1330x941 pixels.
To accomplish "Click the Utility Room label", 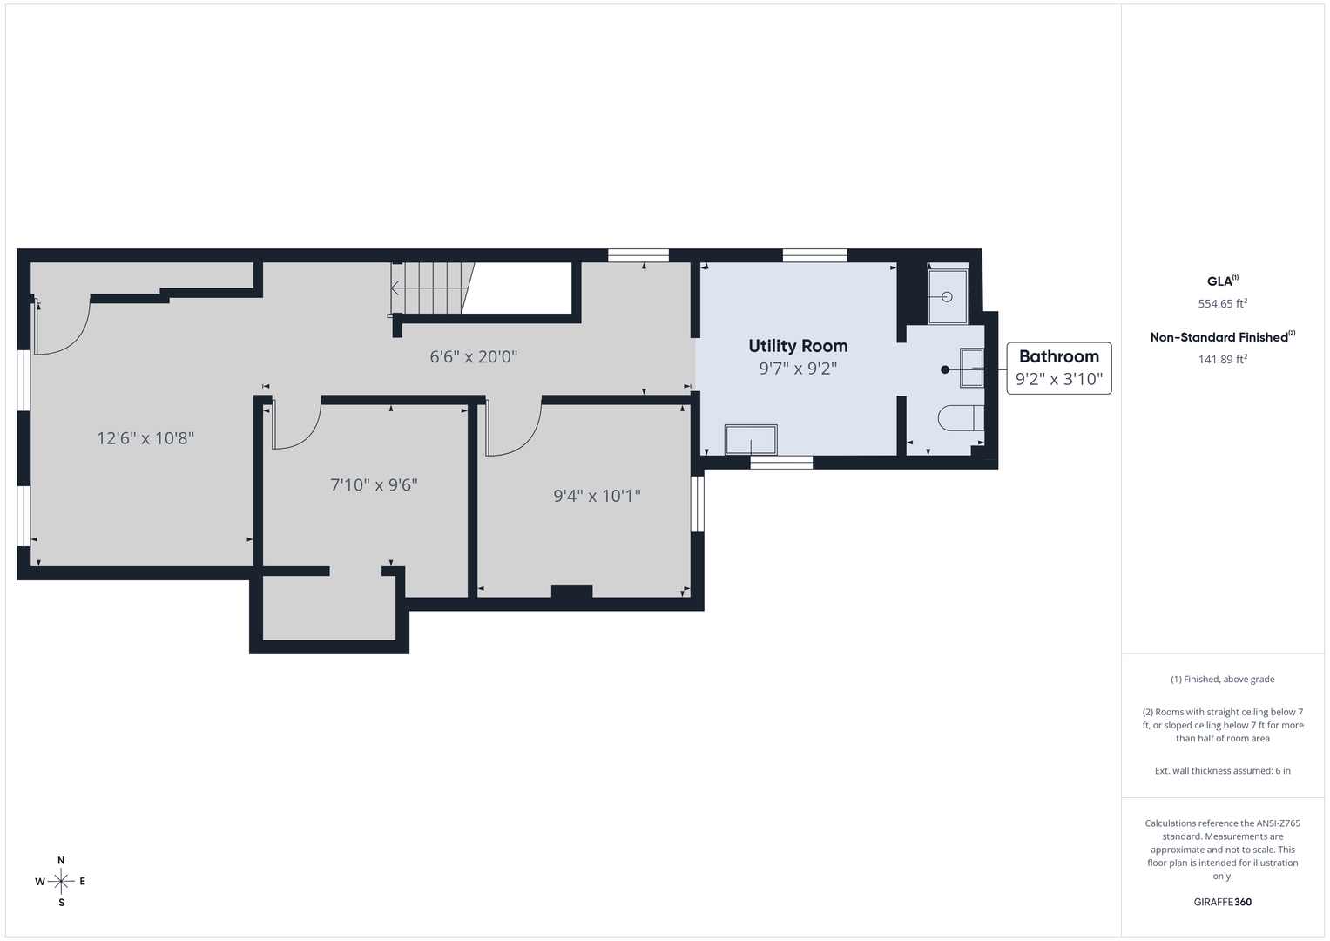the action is point(798,346).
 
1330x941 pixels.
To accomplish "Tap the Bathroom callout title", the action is point(1058,356).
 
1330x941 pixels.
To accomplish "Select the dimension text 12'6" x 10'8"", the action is point(145,438).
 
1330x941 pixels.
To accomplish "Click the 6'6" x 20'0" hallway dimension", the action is point(473,357).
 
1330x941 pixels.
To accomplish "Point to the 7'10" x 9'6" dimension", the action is point(374,485).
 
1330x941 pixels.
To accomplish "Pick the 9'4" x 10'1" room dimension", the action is point(597,496).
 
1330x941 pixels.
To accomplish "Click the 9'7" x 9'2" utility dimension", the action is point(798,369).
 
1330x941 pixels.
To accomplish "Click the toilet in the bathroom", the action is point(961,418).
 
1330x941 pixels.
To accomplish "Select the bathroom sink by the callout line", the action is point(972,369).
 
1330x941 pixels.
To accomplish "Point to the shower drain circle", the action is point(947,297).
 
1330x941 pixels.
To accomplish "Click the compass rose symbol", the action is point(61,882).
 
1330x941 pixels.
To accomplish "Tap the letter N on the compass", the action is point(61,860).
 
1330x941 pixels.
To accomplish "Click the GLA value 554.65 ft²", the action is point(1223,303).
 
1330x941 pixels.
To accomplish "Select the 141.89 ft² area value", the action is point(1223,359).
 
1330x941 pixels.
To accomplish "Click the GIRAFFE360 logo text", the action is point(1223,902).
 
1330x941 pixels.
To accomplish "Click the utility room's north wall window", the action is point(814,255).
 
